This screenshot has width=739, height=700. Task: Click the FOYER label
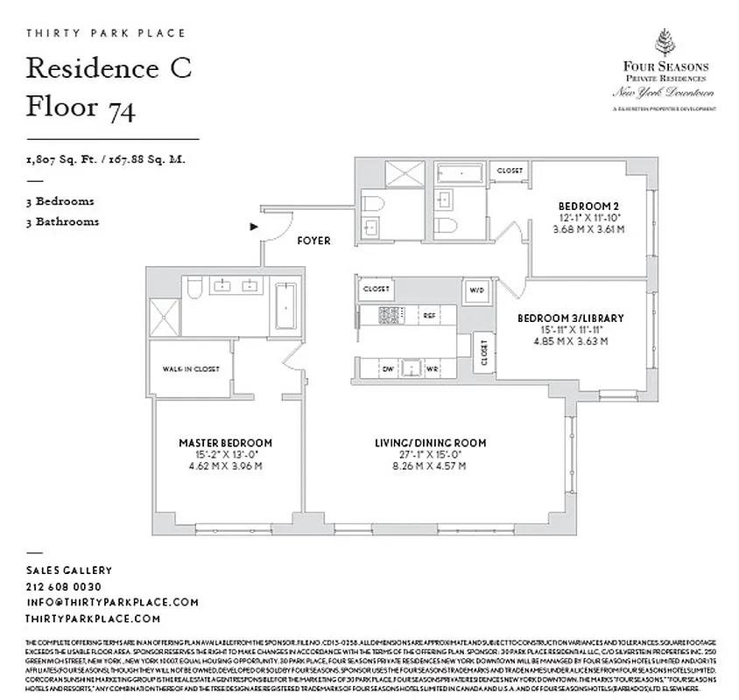tap(313, 241)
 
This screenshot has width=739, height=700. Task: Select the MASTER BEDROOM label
tap(225, 443)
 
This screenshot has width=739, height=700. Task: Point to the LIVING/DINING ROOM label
tap(430, 443)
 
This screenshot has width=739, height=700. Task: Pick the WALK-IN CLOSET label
tap(190, 368)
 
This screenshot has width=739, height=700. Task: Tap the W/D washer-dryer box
tap(476, 290)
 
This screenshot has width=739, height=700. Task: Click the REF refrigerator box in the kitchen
tap(429, 314)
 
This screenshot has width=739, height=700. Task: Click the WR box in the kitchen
tap(433, 368)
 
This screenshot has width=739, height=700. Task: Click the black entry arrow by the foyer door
tap(254, 227)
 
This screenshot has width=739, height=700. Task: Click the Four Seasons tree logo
tap(665, 43)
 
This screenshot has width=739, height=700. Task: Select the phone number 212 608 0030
tap(64, 586)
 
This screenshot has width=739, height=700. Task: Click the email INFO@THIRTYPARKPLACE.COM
tap(112, 602)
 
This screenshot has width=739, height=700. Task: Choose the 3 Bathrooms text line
tap(62, 221)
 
